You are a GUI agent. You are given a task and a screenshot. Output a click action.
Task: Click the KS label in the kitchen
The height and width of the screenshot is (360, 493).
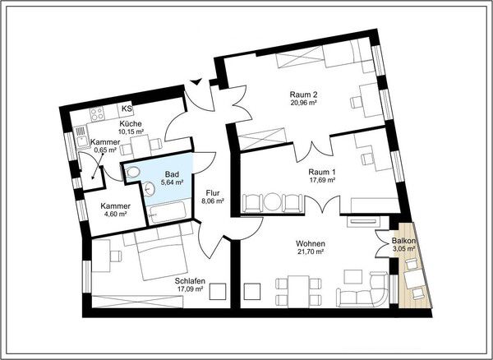(127, 108)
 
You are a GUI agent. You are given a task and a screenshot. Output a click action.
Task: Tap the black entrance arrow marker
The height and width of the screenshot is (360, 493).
(197, 81)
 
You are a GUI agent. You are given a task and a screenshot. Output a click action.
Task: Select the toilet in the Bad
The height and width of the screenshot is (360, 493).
(132, 172)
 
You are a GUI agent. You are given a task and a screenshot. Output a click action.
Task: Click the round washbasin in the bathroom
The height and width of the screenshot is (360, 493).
(149, 189)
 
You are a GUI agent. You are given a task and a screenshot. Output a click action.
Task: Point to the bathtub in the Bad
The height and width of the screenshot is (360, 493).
(167, 212)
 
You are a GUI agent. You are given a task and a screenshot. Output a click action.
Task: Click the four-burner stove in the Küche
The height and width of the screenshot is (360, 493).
(97, 114)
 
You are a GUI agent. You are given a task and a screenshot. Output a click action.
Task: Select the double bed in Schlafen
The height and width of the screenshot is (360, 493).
(161, 252)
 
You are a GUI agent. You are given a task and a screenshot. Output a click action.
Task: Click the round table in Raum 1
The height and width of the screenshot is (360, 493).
(273, 202)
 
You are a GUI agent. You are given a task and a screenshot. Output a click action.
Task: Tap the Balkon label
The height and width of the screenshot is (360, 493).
(404, 241)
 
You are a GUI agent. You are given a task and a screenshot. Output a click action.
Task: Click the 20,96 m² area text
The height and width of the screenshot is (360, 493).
(303, 102)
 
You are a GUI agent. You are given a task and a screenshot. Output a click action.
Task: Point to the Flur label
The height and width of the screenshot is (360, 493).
(213, 193)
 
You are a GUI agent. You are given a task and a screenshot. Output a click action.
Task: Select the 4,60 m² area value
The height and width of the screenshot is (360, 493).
(115, 215)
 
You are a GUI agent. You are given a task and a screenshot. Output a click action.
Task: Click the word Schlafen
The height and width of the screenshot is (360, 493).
(191, 281)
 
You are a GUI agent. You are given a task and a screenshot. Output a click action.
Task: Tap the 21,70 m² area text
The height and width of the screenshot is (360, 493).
(311, 252)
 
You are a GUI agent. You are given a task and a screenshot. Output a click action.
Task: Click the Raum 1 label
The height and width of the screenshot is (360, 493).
(322, 173)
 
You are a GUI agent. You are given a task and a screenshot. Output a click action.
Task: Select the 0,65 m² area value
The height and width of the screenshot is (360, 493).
(106, 150)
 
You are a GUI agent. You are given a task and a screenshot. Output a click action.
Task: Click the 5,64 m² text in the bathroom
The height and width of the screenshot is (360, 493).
(172, 182)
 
